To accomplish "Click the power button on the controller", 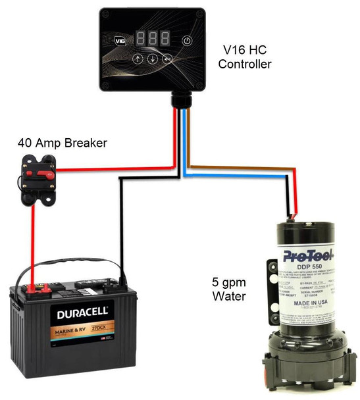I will click(187, 40).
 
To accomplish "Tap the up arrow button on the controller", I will click(137, 59).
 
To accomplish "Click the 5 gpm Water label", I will click(229, 289).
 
